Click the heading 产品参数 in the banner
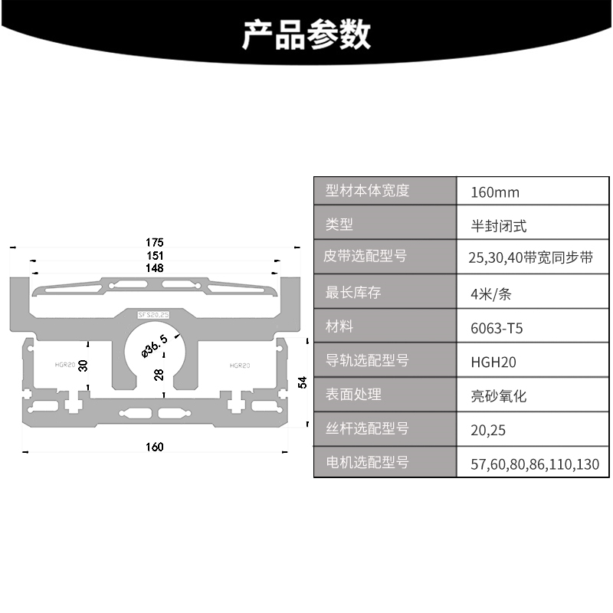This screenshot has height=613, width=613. (x=306, y=34)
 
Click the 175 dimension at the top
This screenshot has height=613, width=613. (x=156, y=242)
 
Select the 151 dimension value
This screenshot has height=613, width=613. (x=156, y=256)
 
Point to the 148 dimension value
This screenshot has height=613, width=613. (x=156, y=268)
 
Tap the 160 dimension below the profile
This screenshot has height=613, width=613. (x=155, y=447)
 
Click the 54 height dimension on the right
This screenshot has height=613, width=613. (x=302, y=382)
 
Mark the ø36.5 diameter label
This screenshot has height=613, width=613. (x=154, y=346)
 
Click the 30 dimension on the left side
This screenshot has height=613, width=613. (x=84, y=366)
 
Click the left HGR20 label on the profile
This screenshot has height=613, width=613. (x=65, y=366)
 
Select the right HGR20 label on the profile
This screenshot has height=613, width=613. (x=239, y=366)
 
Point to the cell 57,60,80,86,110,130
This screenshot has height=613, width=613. (x=535, y=464)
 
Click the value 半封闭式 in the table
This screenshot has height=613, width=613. (x=499, y=226)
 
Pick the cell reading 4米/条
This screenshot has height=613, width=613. (x=490, y=294)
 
